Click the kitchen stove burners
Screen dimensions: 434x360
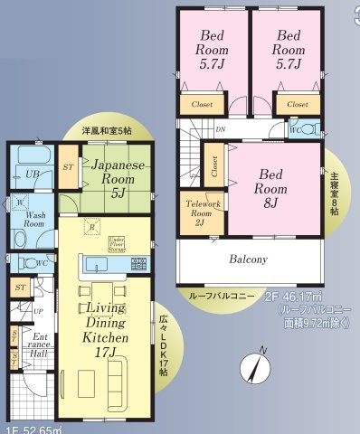point(138,265)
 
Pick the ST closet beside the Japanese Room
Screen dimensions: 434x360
point(69,168)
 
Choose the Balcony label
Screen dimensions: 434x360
point(248,260)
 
